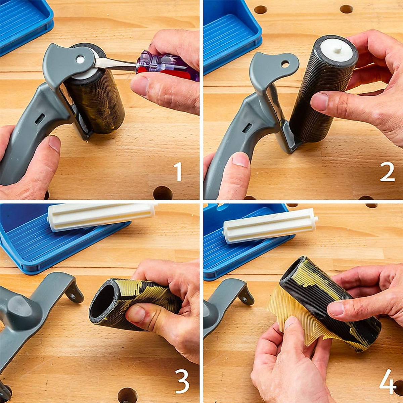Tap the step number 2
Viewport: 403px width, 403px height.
click(x=387, y=172)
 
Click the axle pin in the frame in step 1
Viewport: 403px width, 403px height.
click(x=80, y=60)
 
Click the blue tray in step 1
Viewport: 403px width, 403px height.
click(x=24, y=24)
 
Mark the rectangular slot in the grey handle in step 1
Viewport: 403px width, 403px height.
click(x=40, y=118)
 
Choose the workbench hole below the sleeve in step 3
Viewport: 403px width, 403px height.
click(x=127, y=395)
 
